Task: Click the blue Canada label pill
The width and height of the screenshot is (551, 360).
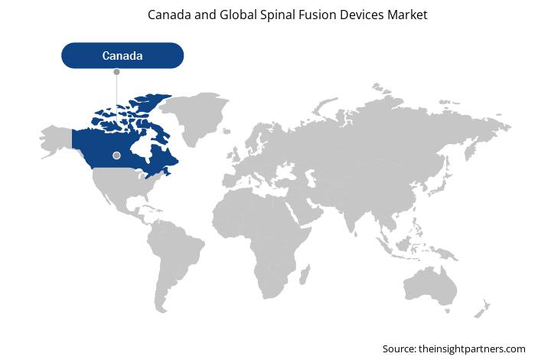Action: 122,56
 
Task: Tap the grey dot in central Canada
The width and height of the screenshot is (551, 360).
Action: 116,155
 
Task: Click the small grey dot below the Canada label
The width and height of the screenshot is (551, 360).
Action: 116,72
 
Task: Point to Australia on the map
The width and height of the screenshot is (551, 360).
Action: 430,286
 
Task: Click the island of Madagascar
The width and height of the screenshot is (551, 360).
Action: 305,275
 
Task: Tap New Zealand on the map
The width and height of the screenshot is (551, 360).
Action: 482,309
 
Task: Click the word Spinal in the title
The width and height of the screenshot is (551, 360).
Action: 277,15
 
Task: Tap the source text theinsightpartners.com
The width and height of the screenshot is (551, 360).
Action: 472,349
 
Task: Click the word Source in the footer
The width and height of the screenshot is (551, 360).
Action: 399,349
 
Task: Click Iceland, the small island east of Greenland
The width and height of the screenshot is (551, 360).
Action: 227,131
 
